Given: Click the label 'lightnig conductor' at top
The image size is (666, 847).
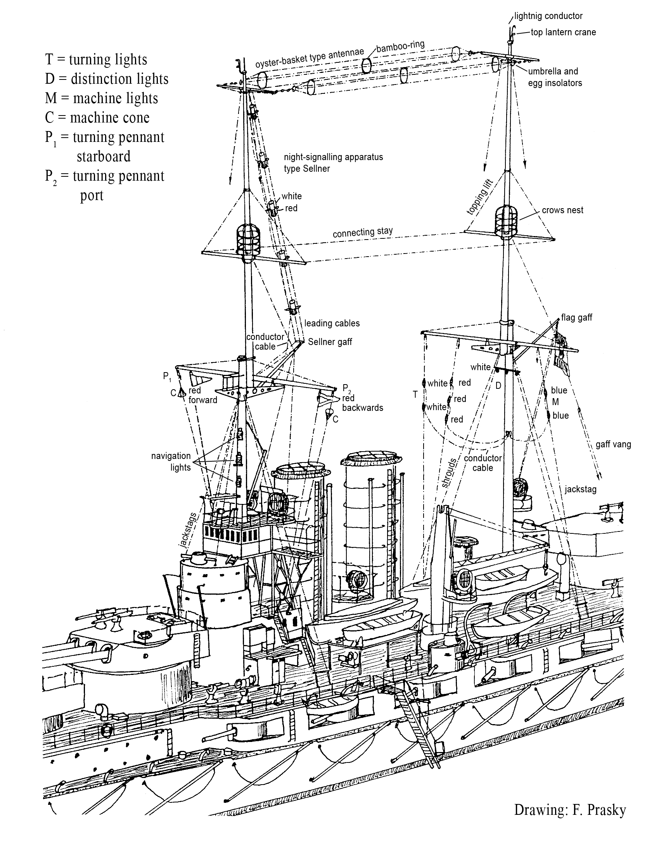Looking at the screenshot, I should point(548,16).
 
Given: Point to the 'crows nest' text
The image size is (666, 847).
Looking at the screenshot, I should point(562,210).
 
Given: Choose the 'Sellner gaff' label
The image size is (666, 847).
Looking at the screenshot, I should point(330,342).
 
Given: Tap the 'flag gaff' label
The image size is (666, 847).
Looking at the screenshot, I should point(576,317).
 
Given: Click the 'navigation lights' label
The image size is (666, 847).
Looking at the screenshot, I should point(171,461).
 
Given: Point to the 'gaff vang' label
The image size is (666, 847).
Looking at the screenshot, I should point(613,444).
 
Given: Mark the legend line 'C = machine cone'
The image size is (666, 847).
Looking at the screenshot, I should point(97,118).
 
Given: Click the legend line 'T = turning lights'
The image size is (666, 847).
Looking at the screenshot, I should point(96,59).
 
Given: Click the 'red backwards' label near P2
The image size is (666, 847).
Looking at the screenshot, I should point(362,403).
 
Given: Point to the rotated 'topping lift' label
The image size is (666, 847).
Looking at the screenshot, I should point(480,197).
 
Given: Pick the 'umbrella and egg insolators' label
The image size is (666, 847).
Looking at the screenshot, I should point(554,77).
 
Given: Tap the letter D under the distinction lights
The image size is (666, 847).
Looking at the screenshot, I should point(498,386).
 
